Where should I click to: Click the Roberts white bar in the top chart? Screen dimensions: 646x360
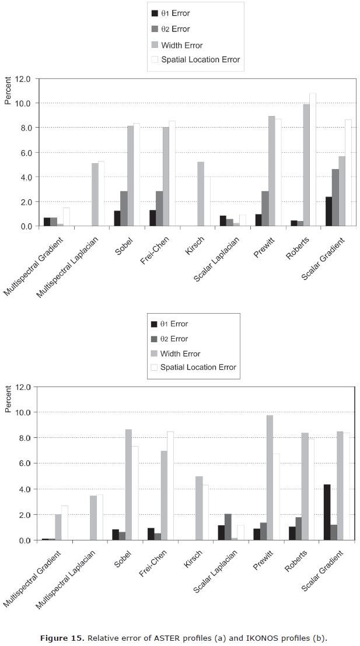[x=312, y=159]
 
